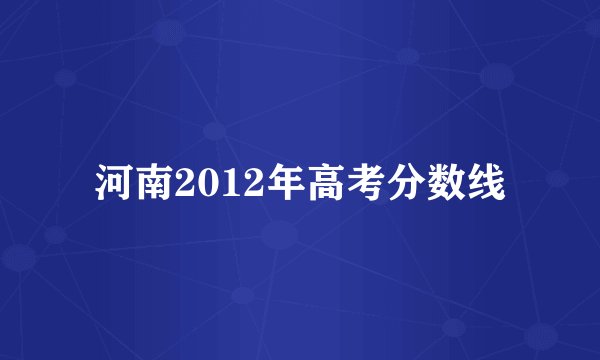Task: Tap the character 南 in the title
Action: [151, 185]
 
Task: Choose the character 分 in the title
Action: [386, 185]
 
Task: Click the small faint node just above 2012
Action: [213, 131]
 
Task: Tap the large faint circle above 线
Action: [497, 76]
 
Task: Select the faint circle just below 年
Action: [280, 235]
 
